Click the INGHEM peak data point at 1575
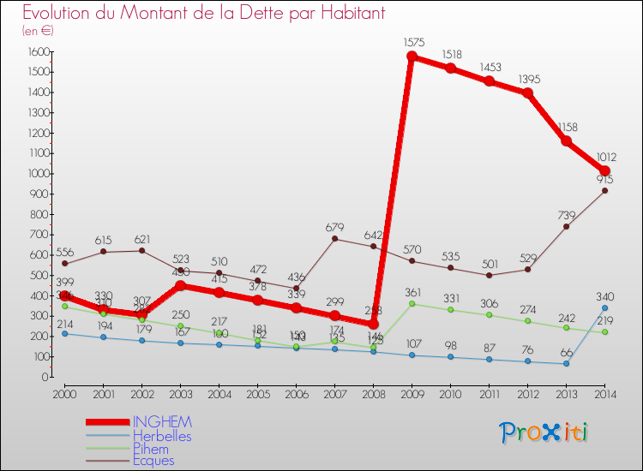[412, 57]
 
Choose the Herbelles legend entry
[162, 436]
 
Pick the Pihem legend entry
[152, 448]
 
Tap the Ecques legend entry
[155, 460]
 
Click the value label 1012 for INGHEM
[604, 157]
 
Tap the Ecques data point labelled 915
[604, 191]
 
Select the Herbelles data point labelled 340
[604, 307]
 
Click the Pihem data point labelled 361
[412, 303]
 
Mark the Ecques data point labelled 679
[334, 239]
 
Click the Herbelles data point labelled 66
[566, 363]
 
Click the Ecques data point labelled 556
[65, 264]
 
